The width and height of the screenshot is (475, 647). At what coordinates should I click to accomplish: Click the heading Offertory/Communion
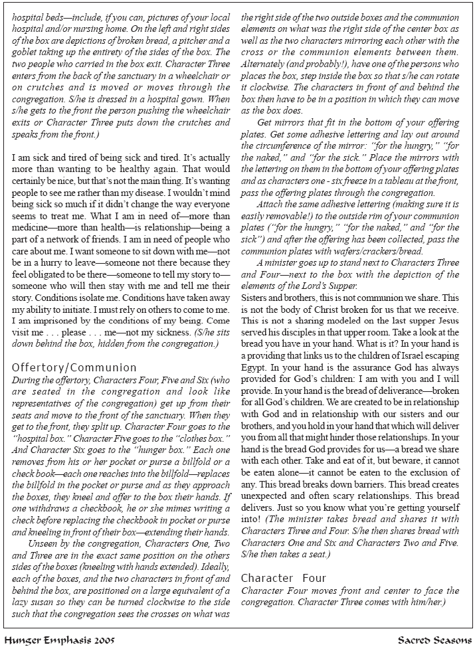point(74,367)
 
